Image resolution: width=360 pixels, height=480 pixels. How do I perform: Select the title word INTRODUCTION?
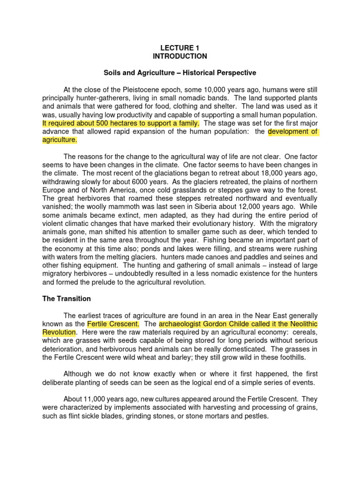[x=180, y=56]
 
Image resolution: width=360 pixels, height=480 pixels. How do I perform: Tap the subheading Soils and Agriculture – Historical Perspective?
[x=180, y=73]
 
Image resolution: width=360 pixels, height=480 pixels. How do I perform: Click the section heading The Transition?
[x=67, y=299]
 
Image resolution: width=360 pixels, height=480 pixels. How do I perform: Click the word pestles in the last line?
[x=255, y=416]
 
